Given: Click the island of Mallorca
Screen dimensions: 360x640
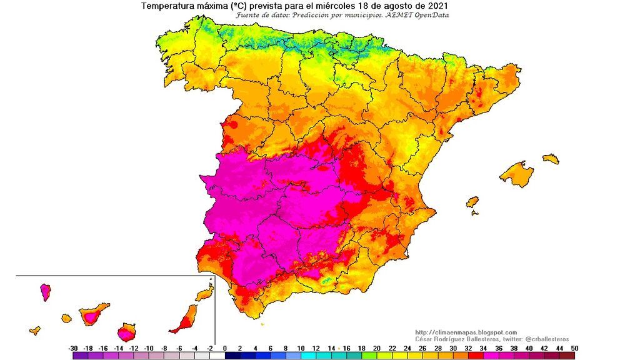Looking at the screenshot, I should tap(517, 174).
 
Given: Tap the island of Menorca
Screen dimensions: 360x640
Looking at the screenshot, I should tap(551, 159).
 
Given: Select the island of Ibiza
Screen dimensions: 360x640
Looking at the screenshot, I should tap(472, 202).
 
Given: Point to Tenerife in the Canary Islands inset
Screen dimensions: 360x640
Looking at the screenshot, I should tap(92, 314).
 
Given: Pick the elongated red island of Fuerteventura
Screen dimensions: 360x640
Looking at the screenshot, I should tap(185, 319).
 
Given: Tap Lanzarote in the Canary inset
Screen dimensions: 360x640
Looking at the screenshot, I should tap(205, 294).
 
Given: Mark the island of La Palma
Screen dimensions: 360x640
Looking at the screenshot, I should tap(45, 291).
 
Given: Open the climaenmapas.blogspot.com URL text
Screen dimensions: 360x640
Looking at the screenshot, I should tap(466, 332).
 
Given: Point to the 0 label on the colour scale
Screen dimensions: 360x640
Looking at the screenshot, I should tap(224, 348).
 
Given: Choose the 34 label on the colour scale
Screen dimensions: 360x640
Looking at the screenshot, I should tap(484, 348).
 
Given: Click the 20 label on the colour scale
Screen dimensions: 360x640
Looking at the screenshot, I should tap(377, 348).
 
